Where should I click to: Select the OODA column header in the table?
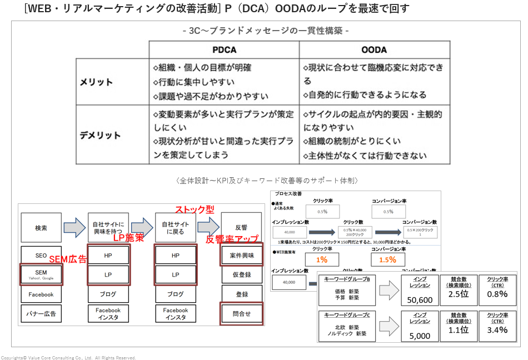point(374,49)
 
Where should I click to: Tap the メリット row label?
point(96,82)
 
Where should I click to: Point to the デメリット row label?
point(100,135)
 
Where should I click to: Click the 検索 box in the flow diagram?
point(41,228)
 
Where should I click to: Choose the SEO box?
point(41,256)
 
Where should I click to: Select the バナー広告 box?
point(41,314)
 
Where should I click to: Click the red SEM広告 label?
point(68,259)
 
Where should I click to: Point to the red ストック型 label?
point(195,210)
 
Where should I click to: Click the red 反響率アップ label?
point(232,239)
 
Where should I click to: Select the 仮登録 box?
point(242,275)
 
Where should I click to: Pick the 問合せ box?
point(242,314)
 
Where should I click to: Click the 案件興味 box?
point(242,256)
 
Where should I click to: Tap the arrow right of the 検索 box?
point(74,227)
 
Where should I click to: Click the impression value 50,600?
point(420,300)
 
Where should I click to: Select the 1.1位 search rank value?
point(459,329)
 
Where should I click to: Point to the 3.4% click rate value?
point(497,329)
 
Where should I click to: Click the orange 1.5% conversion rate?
point(388,259)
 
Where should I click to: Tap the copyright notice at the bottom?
point(68,357)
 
